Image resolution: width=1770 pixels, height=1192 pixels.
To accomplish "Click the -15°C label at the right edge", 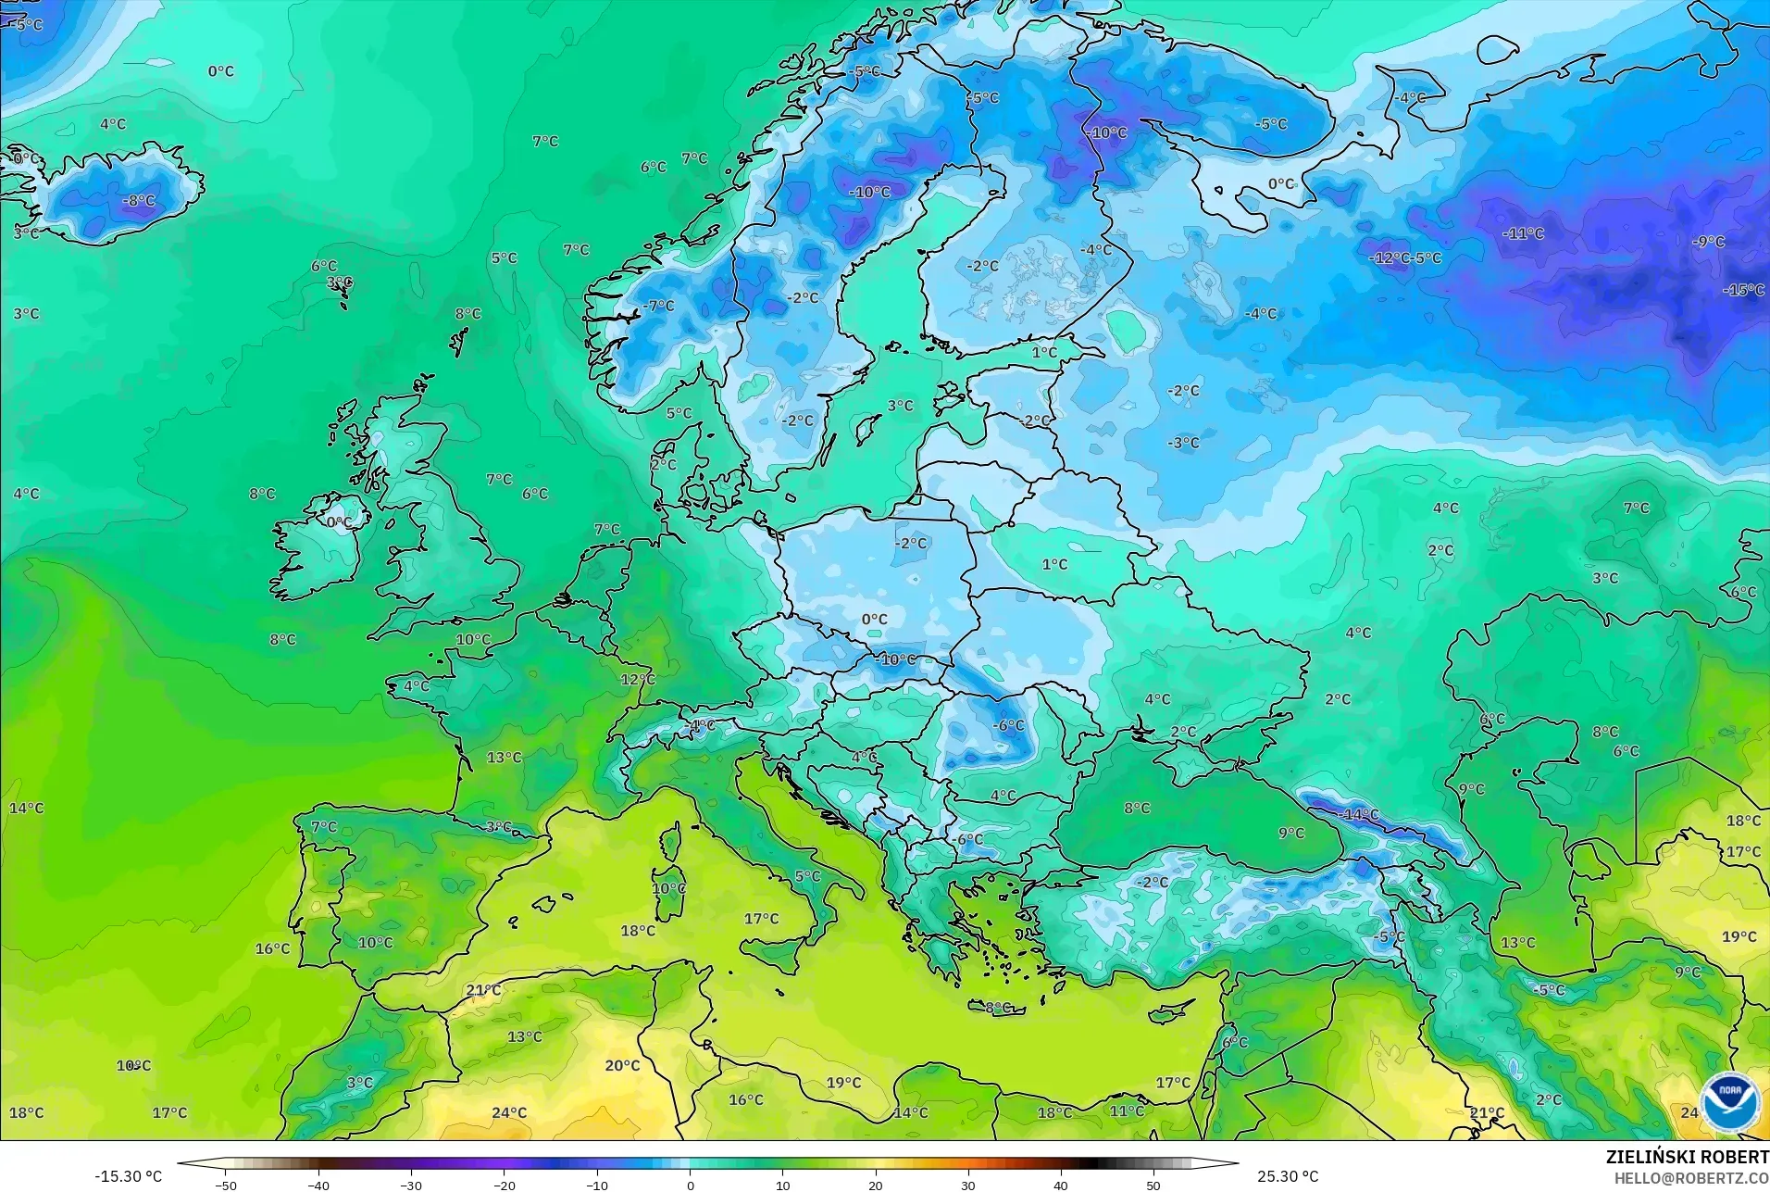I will coord(1743,290).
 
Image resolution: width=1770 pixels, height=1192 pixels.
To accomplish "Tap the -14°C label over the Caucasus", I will coord(1358,815).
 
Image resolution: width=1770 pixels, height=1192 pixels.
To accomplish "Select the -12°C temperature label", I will coord(1389,258).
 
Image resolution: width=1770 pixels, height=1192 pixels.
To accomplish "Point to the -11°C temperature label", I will coord(1523,234).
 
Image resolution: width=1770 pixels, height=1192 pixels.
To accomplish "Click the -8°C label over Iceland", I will coord(139,201).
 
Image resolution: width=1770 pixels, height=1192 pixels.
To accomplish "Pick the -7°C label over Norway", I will coord(659,306).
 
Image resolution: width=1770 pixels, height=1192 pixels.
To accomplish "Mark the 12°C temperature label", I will coord(638,680).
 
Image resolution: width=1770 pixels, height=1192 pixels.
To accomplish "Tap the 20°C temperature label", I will coord(622,1066).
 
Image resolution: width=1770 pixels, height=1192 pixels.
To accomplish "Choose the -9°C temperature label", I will coord(1708,242).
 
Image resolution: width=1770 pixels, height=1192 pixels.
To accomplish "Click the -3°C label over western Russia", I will coord(1182,444).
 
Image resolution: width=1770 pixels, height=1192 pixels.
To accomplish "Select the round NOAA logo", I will coord(1729,1101).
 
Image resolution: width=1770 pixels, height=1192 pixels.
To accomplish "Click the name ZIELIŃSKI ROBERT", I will coord(1687,1158).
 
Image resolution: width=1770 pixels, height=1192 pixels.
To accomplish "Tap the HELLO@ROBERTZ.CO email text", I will coord(1691,1178).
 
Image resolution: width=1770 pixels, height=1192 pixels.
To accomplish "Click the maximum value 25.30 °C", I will coord(1287,1176).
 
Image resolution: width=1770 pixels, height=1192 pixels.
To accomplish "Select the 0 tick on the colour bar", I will coord(690,1186).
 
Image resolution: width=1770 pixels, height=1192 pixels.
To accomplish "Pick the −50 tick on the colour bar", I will coord(226,1186).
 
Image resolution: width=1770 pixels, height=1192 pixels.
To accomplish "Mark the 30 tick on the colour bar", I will coord(968,1186).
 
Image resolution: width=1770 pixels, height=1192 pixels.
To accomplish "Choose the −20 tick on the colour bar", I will coord(504,1186).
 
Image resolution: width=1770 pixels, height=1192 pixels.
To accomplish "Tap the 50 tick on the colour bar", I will coord(1153,1186).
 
